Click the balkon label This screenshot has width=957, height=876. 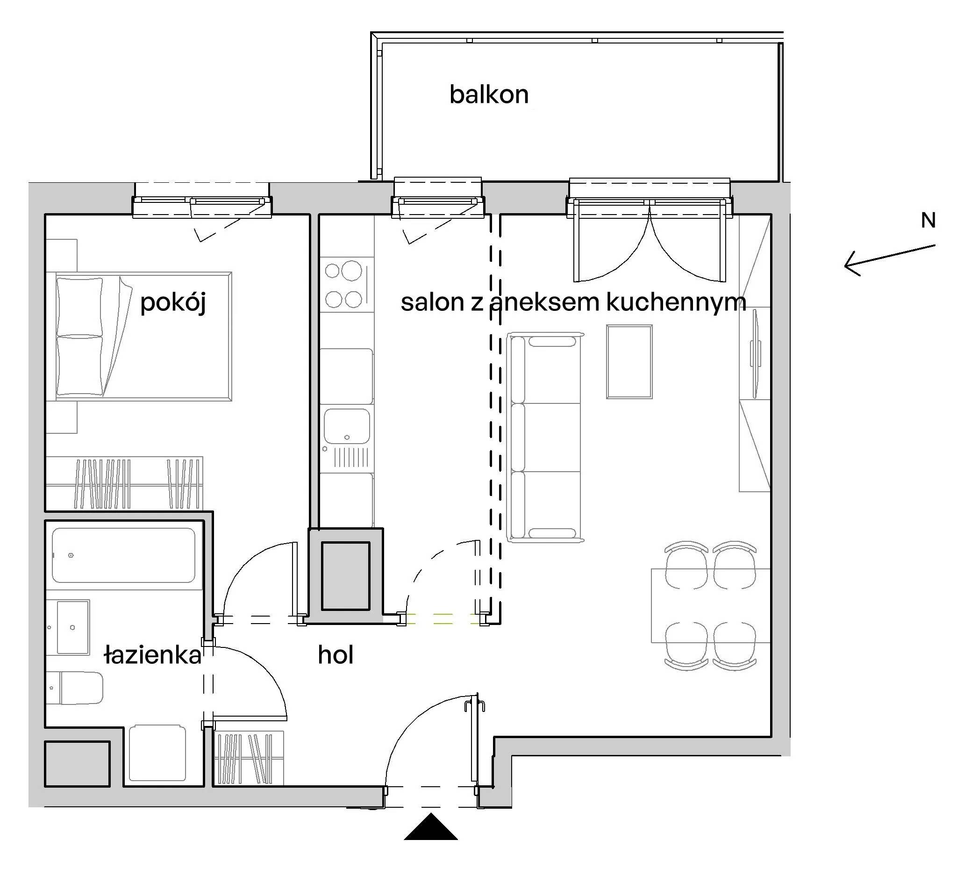point(489,94)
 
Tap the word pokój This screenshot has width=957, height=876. point(173,302)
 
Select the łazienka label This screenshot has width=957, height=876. point(153,655)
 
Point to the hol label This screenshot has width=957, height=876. point(336,655)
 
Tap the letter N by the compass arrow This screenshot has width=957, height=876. point(928,220)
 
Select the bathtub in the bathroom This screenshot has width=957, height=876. point(123,555)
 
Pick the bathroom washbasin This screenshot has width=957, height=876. point(72,627)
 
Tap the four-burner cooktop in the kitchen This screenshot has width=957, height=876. point(346,284)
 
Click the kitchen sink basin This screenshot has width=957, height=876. point(347,426)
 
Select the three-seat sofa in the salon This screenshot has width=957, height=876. point(545,437)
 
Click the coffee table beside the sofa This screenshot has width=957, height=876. point(629,362)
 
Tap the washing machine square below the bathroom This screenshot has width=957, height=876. point(157,753)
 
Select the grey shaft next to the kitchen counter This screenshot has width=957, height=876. point(346,576)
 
